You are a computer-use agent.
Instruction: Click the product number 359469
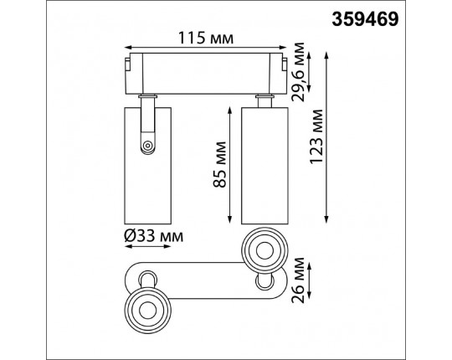[x=365, y=19]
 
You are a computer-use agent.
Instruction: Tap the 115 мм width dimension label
[x=206, y=38]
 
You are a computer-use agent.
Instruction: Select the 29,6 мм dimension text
[x=298, y=72]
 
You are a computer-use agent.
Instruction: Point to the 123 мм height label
[x=316, y=136]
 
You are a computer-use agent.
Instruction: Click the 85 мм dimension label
[x=220, y=164]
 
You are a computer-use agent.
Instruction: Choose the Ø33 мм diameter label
[x=154, y=237]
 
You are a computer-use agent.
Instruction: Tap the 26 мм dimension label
[x=298, y=280]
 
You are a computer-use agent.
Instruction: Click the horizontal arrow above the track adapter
[x=206, y=48]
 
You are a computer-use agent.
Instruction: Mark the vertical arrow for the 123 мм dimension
[x=326, y=138]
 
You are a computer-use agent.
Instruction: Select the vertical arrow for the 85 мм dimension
[x=229, y=165]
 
